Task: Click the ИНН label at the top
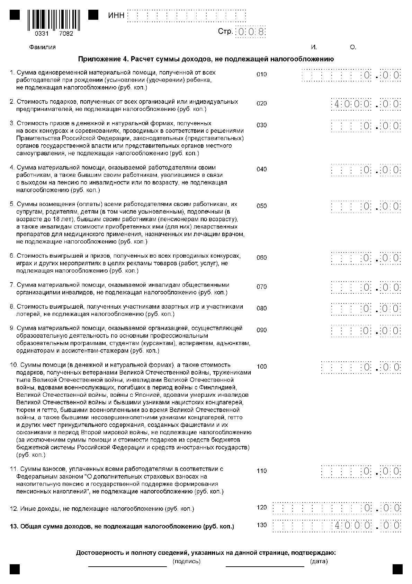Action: [x=116, y=16]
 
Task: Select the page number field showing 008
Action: [x=251, y=32]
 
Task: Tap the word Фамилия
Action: [x=42, y=47]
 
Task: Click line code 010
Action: [x=262, y=74]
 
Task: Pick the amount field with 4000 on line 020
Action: [x=366, y=104]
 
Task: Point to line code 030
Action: [x=262, y=125]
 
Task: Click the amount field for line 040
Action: [x=366, y=170]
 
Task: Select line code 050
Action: [x=262, y=206]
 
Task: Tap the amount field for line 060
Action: [x=366, y=258]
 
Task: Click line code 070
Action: [x=262, y=287]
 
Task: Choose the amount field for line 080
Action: [x=366, y=309]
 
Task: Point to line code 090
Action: [x=262, y=330]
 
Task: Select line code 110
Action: [x=262, y=471]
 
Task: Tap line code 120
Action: [x=262, y=507]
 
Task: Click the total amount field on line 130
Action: [x=337, y=525]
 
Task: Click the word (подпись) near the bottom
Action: [x=186, y=561]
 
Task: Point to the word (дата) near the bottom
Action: [x=319, y=561]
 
